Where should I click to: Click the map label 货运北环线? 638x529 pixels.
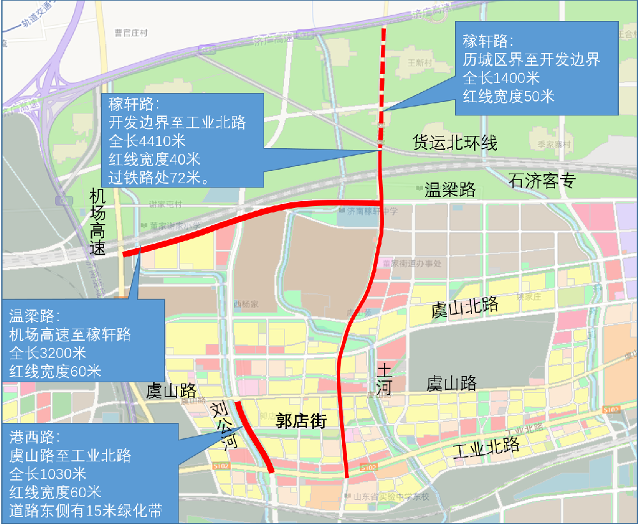pyautogui.click(x=454, y=142)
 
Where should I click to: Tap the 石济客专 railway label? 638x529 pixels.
pyautogui.click(x=542, y=181)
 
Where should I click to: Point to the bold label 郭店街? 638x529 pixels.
pyautogui.click(x=300, y=421)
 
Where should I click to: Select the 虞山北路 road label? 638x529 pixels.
pyautogui.click(x=464, y=307)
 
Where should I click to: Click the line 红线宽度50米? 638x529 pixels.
pyautogui.click(x=508, y=96)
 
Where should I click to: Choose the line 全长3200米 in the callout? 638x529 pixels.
pyautogui.click(x=48, y=353)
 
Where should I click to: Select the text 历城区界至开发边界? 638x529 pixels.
pyautogui.click(x=531, y=60)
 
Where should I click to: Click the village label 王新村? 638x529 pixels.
pyautogui.click(x=420, y=63)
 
